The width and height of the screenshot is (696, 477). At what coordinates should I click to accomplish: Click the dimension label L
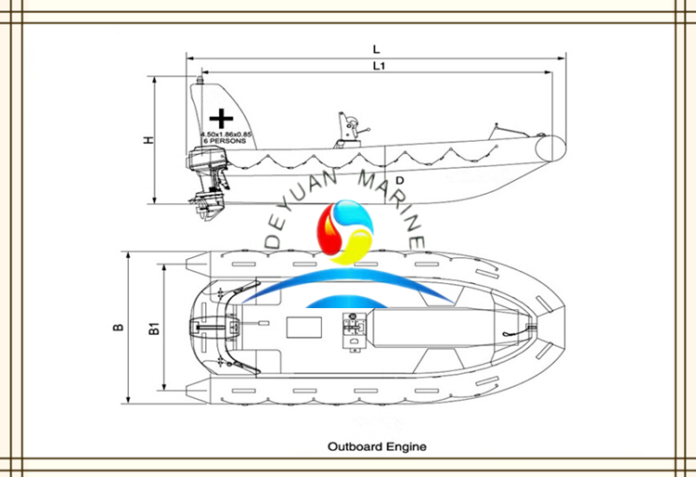[x=375, y=47]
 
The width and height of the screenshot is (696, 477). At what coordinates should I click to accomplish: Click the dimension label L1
[x=379, y=66]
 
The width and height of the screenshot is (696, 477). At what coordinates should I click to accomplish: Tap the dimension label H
[x=148, y=140]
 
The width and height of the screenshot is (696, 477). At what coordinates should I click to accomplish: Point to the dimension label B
[x=118, y=328]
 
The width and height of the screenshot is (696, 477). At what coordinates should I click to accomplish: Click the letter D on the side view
[x=399, y=179]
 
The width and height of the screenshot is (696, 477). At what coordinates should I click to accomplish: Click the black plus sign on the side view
[x=221, y=119]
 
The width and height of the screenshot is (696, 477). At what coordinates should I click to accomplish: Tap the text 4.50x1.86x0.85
[x=226, y=135]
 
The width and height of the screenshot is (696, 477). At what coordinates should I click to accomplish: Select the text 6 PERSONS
[x=226, y=142]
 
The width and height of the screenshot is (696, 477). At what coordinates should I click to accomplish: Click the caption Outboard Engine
[x=377, y=446]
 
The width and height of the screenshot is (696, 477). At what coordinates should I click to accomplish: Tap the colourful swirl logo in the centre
[x=344, y=231]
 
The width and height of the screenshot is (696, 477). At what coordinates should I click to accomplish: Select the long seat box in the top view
[x=417, y=329]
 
